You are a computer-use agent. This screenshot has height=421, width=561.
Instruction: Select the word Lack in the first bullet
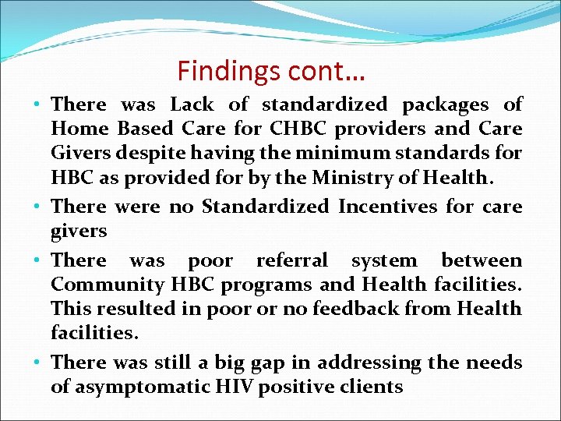pyautogui.click(x=191, y=104)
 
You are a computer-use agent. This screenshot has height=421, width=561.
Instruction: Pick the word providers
pyautogui.click(x=384, y=129)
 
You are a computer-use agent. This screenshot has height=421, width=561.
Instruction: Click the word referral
pyautogui.click(x=292, y=260)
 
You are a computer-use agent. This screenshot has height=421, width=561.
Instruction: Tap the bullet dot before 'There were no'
pyautogui.click(x=38, y=207)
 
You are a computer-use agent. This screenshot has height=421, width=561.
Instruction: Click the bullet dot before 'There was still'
pyautogui.click(x=38, y=363)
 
